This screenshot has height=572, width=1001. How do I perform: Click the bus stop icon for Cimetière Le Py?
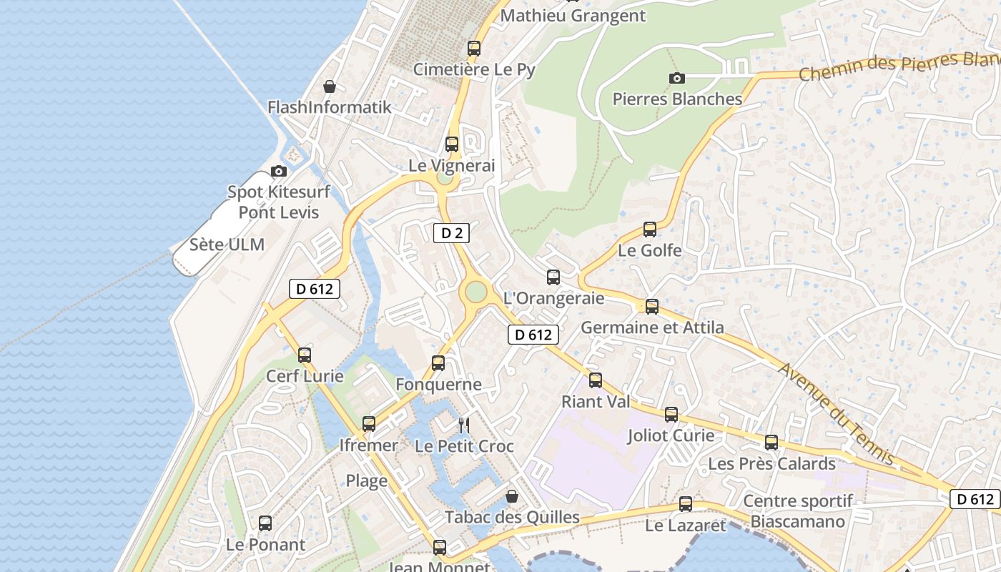[474, 49]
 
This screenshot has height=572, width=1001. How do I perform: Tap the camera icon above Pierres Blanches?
[676, 78]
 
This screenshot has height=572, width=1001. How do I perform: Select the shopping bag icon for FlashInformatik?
[330, 87]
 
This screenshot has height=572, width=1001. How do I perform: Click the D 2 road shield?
[451, 232]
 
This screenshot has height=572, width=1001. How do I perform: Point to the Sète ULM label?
[227, 245]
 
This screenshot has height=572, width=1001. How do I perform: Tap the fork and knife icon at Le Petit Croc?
[464, 425]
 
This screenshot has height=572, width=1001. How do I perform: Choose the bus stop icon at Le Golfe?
[649, 230]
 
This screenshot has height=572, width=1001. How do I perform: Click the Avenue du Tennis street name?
[837, 413]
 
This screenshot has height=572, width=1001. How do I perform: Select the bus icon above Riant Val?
[596, 380]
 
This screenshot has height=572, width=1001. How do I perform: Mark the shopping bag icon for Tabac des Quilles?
[512, 495]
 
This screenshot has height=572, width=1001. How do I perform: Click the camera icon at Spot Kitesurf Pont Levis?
[279, 171]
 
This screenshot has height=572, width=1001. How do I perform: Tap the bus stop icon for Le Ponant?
[265, 523]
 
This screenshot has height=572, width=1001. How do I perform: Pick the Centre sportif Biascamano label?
[798, 511]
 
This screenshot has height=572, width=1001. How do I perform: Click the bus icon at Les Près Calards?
[771, 443]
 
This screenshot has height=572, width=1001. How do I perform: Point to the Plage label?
[367, 480]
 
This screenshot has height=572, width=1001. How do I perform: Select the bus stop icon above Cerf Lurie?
[305, 355]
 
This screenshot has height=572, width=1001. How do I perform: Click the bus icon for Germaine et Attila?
[651, 307]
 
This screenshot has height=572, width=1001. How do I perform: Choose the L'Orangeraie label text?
[554, 298]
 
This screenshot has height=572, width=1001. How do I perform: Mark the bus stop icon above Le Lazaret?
[686, 504]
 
